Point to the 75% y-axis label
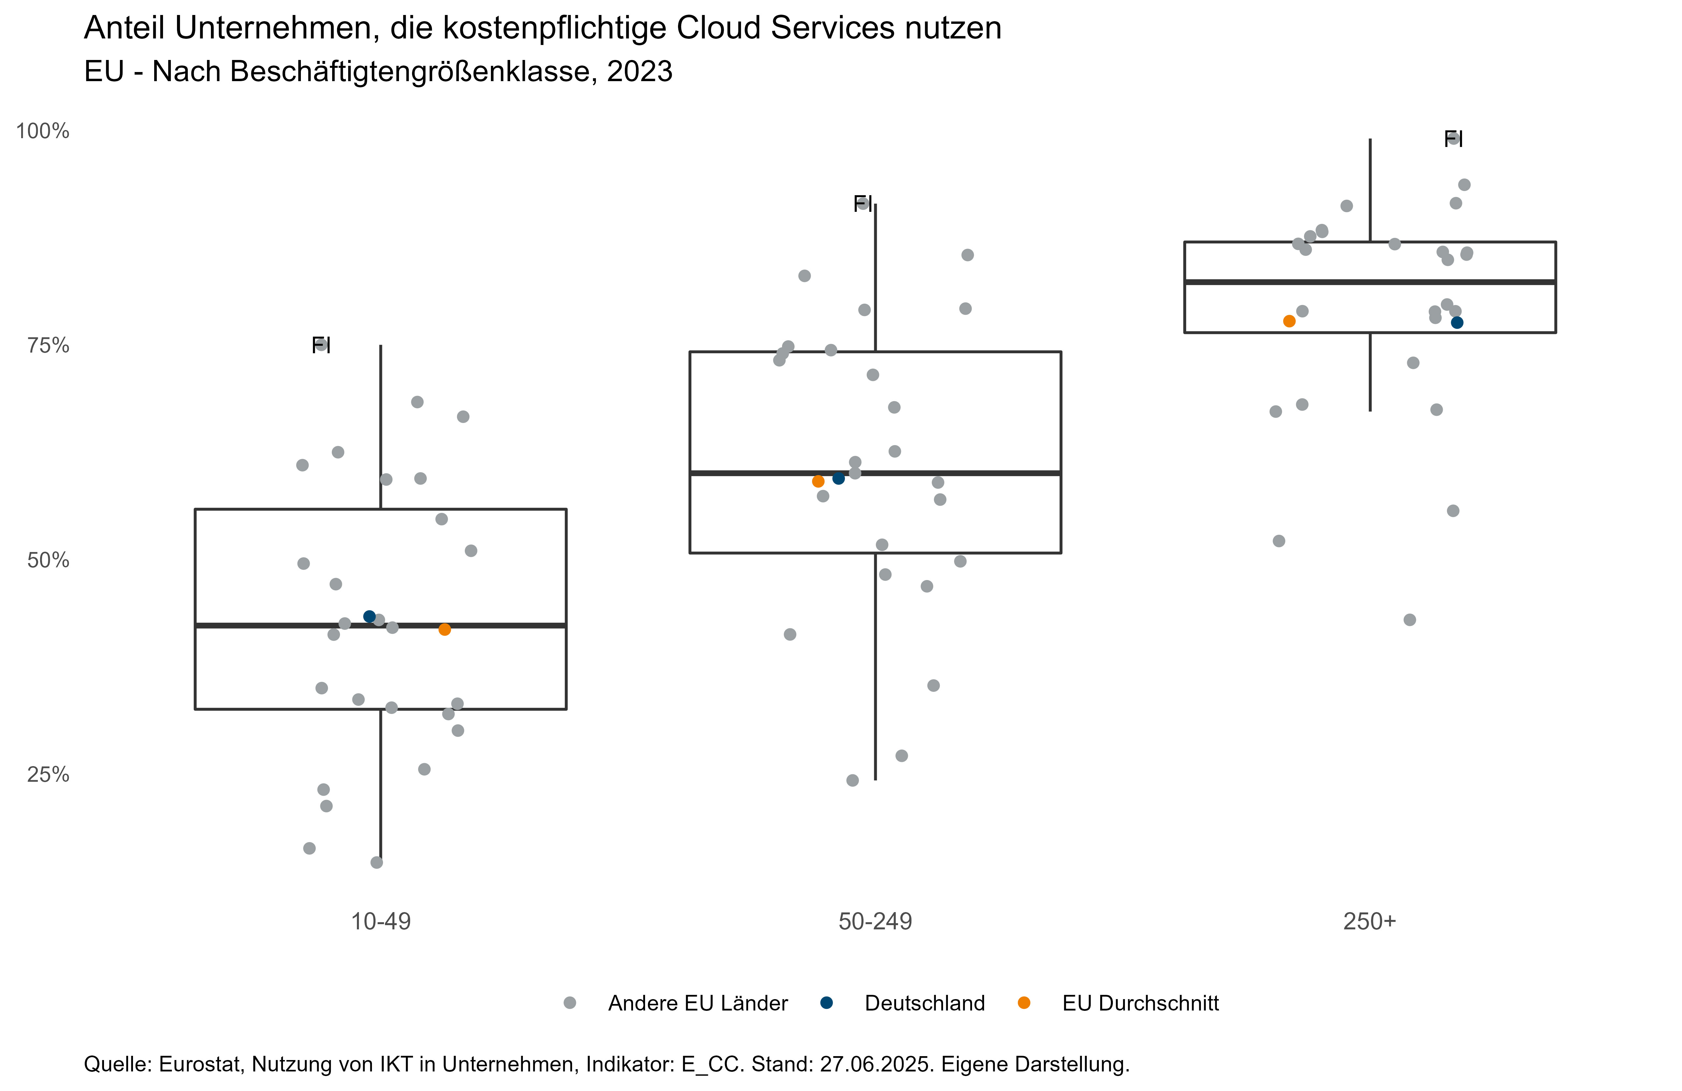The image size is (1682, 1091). point(48,345)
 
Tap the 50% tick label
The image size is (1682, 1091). point(48,560)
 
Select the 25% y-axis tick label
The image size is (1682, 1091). point(48,775)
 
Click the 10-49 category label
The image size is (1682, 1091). point(381,922)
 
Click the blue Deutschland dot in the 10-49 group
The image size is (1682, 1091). point(369,617)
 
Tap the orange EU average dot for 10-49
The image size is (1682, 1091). point(445,630)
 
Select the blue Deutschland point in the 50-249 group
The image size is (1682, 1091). point(839,478)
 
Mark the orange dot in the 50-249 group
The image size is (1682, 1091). point(819,481)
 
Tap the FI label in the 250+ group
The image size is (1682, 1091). point(1453,139)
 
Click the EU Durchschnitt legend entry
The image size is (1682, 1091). point(1140,1003)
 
